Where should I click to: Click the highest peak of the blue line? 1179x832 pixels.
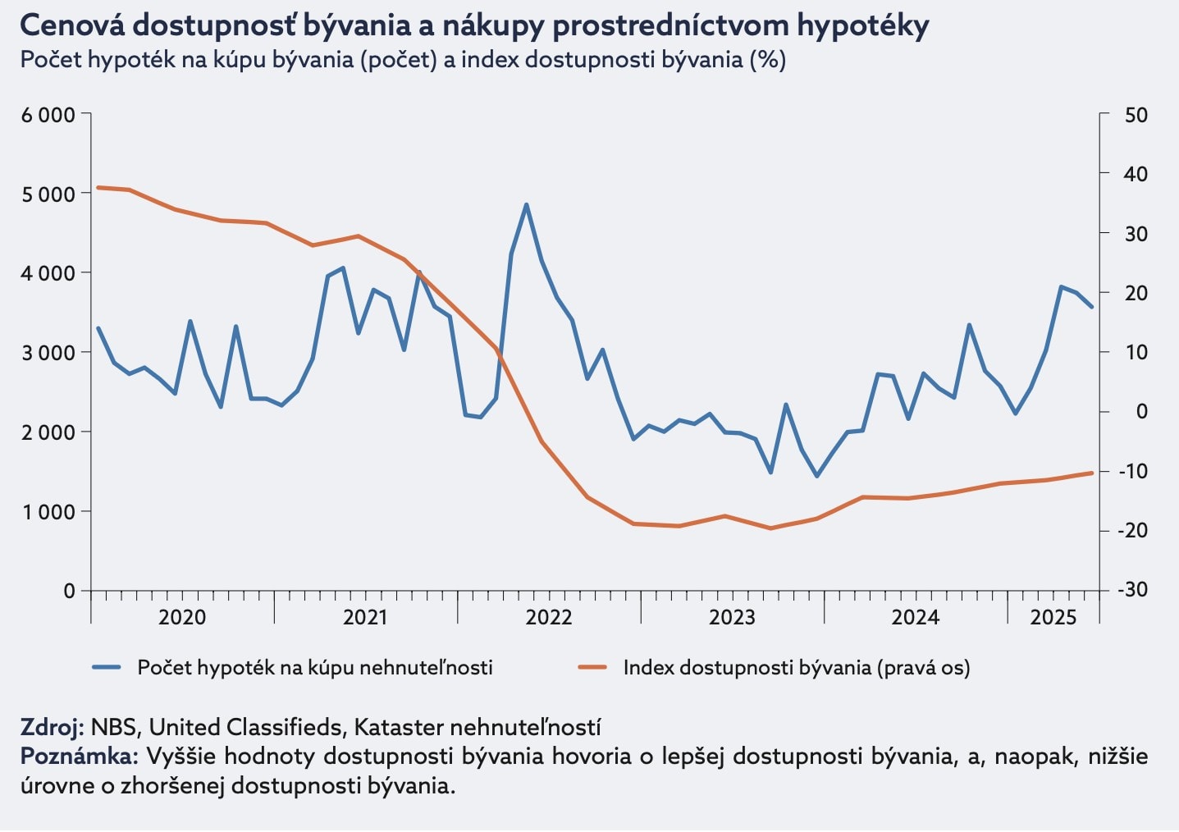coord(526,204)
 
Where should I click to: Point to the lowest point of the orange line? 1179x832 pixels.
coord(770,528)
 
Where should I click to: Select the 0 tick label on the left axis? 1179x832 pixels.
coord(69,591)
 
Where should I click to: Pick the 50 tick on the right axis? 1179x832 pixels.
coord(1136,115)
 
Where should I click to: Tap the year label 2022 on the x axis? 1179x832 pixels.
coord(548,618)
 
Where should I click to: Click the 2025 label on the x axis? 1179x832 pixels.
coord(1053,618)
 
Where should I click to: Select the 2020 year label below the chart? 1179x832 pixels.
coord(182,618)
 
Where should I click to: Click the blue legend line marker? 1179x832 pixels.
coord(107,668)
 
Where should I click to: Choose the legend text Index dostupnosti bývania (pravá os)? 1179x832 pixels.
coord(796,668)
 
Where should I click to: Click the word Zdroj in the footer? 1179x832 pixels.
coord(51,727)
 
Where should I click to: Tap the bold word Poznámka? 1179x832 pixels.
coord(78,756)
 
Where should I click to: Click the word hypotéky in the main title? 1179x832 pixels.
coord(863,26)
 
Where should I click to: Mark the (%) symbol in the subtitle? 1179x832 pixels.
coord(768,60)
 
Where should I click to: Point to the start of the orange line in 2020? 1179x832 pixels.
coord(98,187)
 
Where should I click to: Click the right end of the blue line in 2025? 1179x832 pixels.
coord(1092,307)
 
